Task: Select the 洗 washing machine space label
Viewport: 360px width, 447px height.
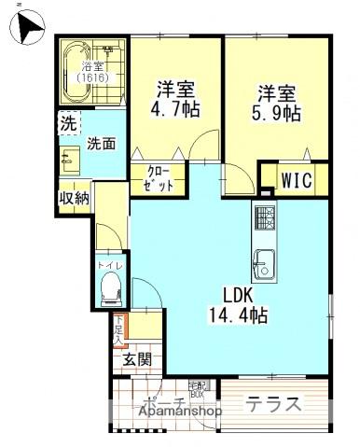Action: click(x=68, y=123)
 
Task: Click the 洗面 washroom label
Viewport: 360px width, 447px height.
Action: click(x=101, y=144)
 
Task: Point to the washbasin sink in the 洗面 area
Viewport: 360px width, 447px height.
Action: click(x=70, y=160)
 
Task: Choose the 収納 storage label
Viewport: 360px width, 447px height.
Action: click(x=74, y=197)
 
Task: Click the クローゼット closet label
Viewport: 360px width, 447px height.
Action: click(x=158, y=176)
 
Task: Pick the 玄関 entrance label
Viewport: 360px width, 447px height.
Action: click(x=136, y=359)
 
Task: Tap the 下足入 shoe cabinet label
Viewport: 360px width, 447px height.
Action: click(x=120, y=331)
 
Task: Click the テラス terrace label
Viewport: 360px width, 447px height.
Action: click(x=273, y=404)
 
